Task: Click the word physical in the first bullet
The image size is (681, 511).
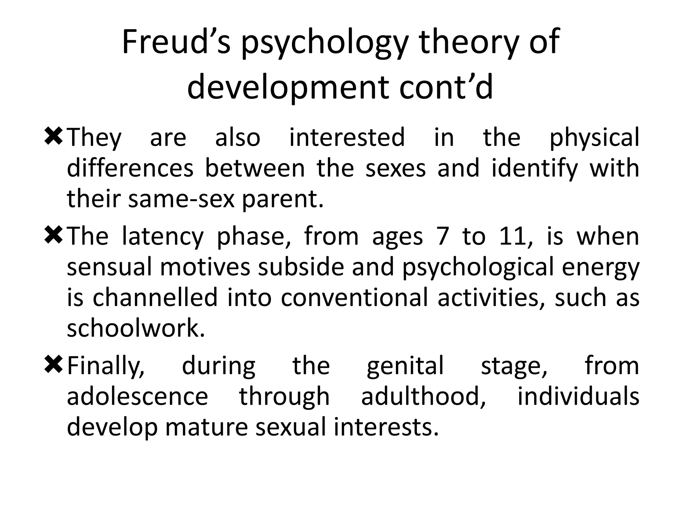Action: pyautogui.click(x=594, y=138)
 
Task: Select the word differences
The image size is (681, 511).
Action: pyautogui.click(x=130, y=168)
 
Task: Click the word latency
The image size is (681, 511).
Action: pyautogui.click(x=163, y=237)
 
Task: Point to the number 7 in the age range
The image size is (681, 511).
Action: pyautogui.click(x=443, y=237)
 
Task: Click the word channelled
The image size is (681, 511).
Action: pyautogui.click(x=155, y=297)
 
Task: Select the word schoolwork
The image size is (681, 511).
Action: pyautogui.click(x=136, y=328)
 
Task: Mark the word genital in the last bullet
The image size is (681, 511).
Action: pyautogui.click(x=405, y=366)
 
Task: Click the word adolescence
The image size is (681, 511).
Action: pyautogui.click(x=137, y=397)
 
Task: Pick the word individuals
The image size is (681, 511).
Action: pyautogui.click(x=578, y=397)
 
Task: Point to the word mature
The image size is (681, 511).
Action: pyautogui.click(x=206, y=427)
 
